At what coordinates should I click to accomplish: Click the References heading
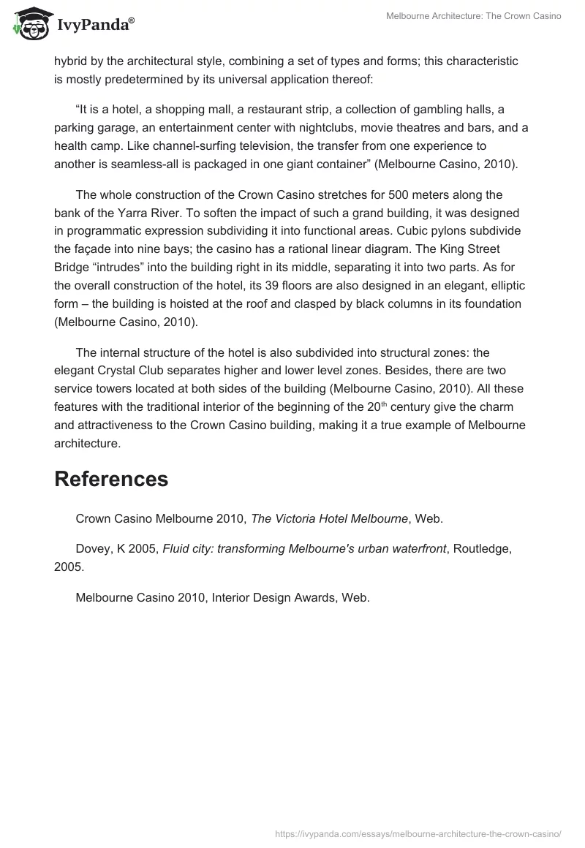coord(111,479)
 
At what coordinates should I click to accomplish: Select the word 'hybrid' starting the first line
coord(70,61)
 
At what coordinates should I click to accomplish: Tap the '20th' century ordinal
coord(377,406)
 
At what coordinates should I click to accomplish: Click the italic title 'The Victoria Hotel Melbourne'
coord(329,518)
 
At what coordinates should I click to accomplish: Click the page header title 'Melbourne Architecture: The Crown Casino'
coord(474,16)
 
